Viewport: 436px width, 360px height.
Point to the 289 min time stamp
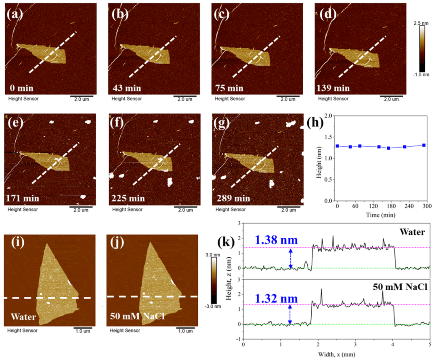pos(233,198)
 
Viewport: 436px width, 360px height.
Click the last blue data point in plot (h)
pos(424,145)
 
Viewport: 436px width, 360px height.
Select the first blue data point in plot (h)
pos(337,146)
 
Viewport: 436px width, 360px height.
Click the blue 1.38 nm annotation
pos(277,241)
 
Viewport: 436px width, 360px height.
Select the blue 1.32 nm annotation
pos(277,298)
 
